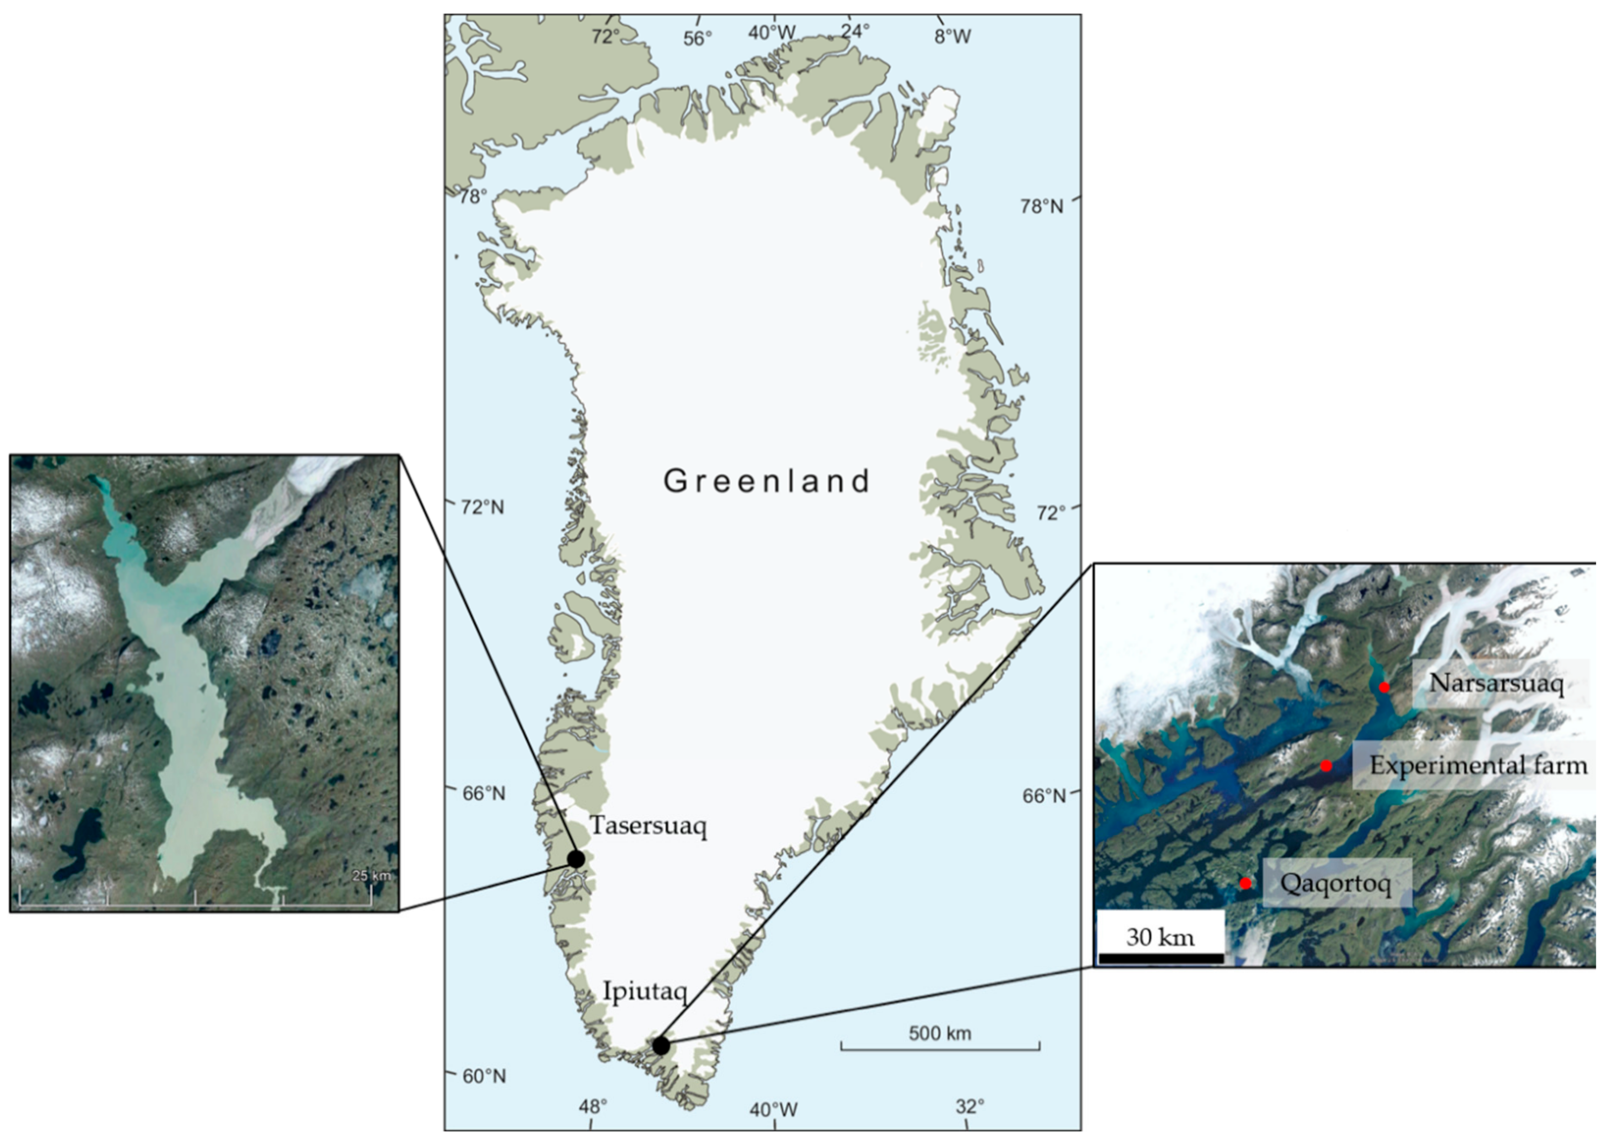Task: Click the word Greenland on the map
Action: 767,481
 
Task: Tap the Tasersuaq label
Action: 648,826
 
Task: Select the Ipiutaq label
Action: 644,991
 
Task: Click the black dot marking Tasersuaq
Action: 576,860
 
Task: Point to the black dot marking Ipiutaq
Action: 661,1046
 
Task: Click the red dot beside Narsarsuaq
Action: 1384,688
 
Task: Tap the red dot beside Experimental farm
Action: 1326,766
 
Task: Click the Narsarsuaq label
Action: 1496,683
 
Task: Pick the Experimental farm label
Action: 1478,765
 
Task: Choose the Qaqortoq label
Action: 1335,882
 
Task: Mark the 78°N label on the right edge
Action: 1042,206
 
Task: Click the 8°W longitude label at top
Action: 952,37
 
